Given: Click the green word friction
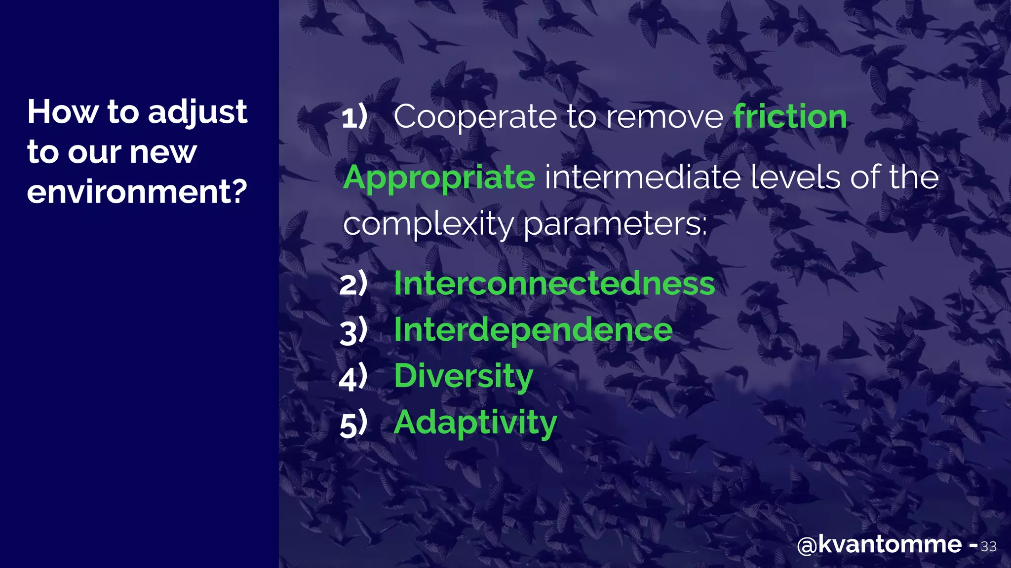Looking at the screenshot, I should pyautogui.click(x=790, y=117).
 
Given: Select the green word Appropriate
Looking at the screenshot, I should pyautogui.click(x=439, y=178).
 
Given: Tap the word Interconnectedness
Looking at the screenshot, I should pyautogui.click(x=554, y=284).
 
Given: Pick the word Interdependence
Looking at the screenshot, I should pyautogui.click(x=533, y=330).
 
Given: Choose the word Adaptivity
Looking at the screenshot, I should pyautogui.click(x=475, y=423).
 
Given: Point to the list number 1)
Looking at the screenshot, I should pyautogui.click(x=354, y=117).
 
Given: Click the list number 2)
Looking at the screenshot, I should pyautogui.click(x=353, y=284).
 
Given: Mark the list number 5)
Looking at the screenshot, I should pyautogui.click(x=353, y=423).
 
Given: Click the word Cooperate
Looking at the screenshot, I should pyautogui.click(x=475, y=117).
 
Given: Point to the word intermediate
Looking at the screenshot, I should pyautogui.click(x=642, y=177).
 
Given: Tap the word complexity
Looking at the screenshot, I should pyautogui.click(x=428, y=224).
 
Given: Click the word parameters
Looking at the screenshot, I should pyautogui.click(x=615, y=224).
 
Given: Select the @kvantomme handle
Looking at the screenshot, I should pyautogui.click(x=879, y=545).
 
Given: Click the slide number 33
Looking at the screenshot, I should pyautogui.click(x=988, y=547).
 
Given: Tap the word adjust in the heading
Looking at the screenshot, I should pyautogui.click(x=197, y=112).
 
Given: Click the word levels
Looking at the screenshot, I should pyautogui.click(x=795, y=177).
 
